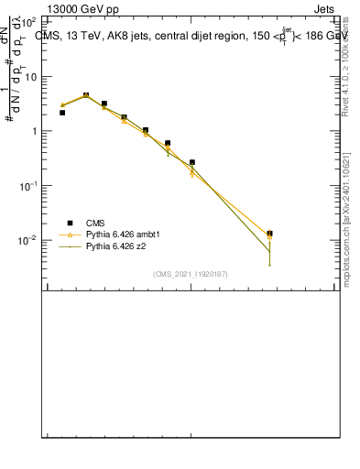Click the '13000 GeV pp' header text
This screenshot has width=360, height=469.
(82, 8)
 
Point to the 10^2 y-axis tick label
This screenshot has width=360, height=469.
(27, 21)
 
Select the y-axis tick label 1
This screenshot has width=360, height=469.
(33, 131)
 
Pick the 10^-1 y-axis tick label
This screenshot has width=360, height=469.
(27, 185)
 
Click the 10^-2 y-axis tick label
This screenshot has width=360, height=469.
(27, 240)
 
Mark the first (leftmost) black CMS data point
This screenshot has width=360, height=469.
(62, 113)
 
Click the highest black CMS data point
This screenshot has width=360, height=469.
(86, 95)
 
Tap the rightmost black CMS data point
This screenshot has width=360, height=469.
(269, 234)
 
